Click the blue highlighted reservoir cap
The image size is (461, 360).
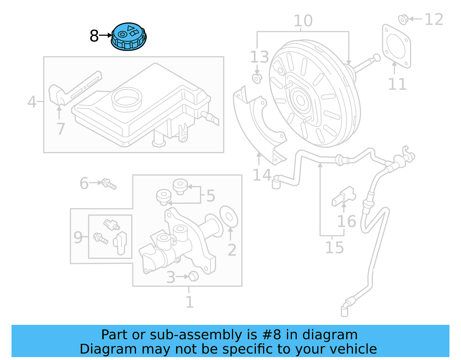pyautogui.click(x=129, y=37)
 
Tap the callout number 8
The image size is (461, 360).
pyautogui.click(x=94, y=36)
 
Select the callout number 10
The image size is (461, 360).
pyautogui.click(x=303, y=21)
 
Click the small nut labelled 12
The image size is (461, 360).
pyautogui.click(x=403, y=19)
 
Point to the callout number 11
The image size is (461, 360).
pyautogui.click(x=397, y=84)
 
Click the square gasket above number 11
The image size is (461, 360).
pyautogui.click(x=396, y=46)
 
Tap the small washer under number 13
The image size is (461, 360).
pyautogui.click(x=257, y=78)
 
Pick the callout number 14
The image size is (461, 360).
pyautogui.click(x=262, y=175)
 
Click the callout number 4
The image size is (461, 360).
pyautogui.click(x=32, y=102)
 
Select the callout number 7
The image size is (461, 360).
pyautogui.click(x=61, y=129)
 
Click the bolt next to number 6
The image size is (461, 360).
pyautogui.click(x=109, y=184)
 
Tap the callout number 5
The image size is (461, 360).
pyautogui.click(x=211, y=196)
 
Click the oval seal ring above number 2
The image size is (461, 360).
pyautogui.click(x=229, y=216)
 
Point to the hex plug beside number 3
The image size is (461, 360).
pyautogui.click(x=193, y=276)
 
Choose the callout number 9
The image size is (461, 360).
pyautogui.click(x=78, y=238)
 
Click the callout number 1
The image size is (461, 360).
pyautogui.click(x=189, y=302)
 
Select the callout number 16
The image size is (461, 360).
pyautogui.click(x=347, y=221)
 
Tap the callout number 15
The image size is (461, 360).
pyautogui.click(x=334, y=248)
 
